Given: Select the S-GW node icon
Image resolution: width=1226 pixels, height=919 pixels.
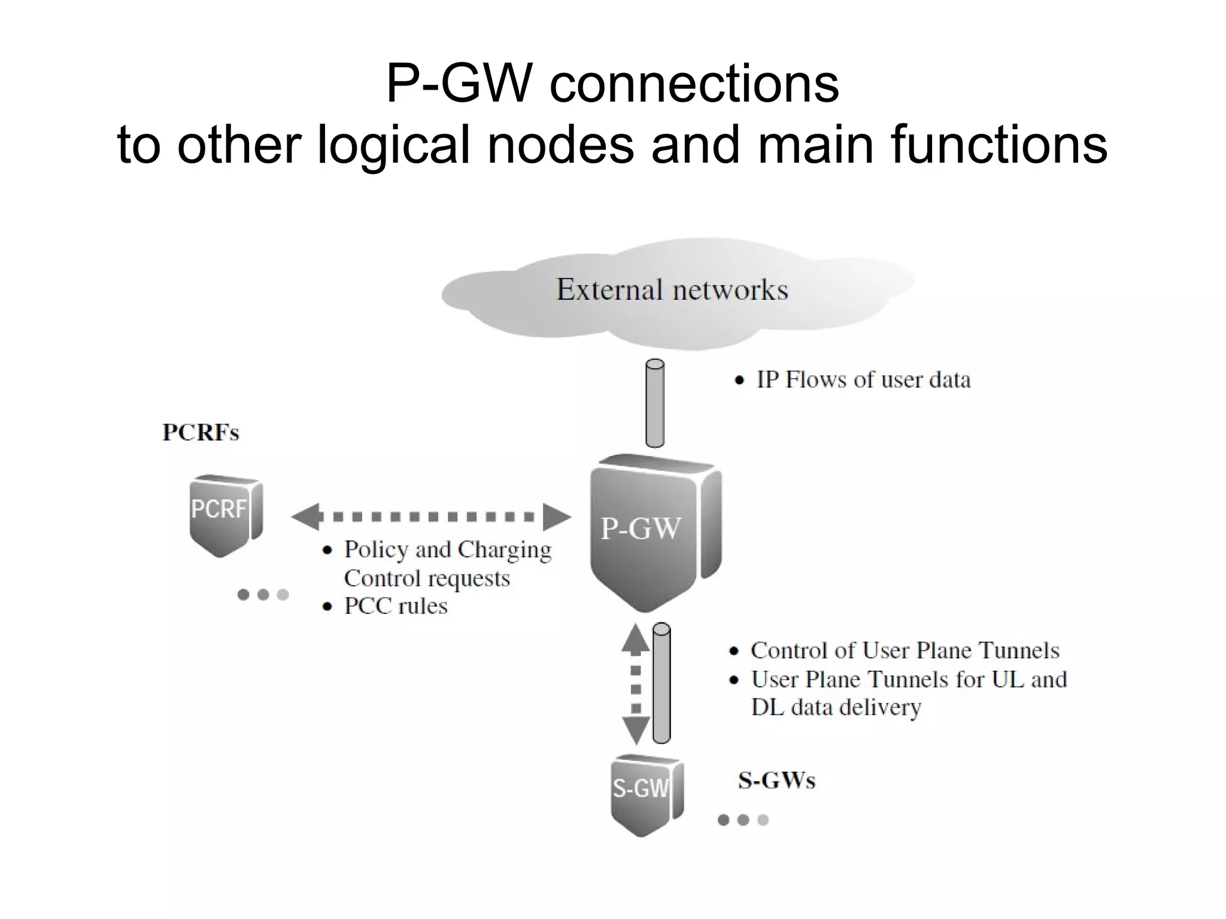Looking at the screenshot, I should (x=644, y=793).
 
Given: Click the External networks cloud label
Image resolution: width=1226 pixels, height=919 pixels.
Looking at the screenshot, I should (x=672, y=290).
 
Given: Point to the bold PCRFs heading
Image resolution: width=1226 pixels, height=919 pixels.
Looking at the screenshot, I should (x=201, y=433).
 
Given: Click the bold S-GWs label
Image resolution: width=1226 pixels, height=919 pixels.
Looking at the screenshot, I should (x=776, y=781).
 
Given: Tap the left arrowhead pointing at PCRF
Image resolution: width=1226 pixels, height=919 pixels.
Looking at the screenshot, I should (x=306, y=517).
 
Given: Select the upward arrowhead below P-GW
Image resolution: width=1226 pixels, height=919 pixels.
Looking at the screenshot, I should (x=636, y=639).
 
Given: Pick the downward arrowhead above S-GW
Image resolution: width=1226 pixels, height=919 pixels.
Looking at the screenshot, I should (x=636, y=730).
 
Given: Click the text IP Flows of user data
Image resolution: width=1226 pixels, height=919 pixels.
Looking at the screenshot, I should (x=863, y=380).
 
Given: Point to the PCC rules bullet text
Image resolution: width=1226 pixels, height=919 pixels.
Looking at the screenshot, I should (x=396, y=606).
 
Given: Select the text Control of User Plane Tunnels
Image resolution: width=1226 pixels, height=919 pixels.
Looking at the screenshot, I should (x=905, y=650).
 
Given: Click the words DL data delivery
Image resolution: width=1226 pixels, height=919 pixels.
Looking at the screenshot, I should (x=836, y=707).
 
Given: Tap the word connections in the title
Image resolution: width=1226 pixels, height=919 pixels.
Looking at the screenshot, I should (x=694, y=84).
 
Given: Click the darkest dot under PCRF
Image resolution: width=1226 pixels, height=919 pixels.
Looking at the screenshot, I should (x=243, y=595).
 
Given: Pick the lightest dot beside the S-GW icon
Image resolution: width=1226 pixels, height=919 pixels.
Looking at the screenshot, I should (x=763, y=820).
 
